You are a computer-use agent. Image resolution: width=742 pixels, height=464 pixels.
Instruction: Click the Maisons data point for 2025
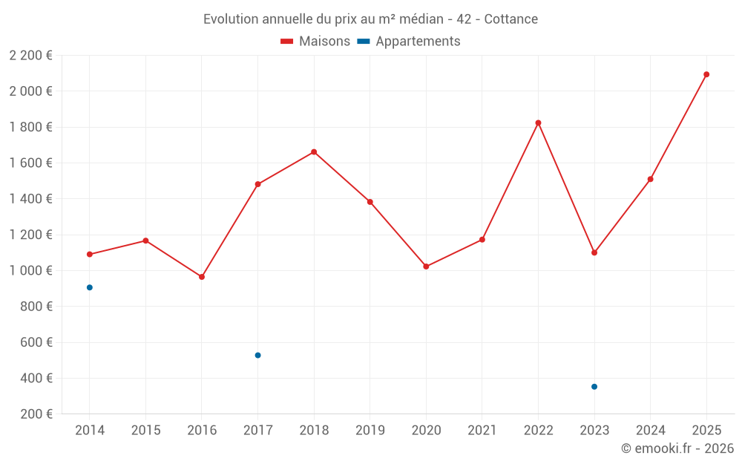[706, 74]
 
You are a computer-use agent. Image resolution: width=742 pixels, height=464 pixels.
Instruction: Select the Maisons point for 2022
[538, 122]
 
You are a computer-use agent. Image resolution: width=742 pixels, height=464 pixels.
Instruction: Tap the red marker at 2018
[314, 152]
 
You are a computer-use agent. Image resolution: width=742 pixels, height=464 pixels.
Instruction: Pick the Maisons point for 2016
[202, 277]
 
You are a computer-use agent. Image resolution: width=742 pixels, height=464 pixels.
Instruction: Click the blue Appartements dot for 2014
[90, 287]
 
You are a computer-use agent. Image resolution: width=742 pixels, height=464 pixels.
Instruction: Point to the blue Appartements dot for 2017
[257, 355]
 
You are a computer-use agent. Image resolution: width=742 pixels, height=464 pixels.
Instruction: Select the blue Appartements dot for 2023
[594, 387]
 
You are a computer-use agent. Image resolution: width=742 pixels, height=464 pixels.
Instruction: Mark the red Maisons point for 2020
[426, 267]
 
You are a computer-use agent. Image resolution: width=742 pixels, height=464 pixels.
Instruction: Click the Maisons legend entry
[315, 42]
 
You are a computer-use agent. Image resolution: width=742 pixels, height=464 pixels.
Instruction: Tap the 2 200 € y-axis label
[31, 55]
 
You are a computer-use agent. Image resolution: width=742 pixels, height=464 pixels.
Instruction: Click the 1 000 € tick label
[31, 270]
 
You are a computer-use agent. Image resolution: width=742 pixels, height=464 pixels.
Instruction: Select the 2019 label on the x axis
[370, 431]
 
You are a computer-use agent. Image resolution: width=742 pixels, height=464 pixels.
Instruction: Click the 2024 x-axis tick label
[650, 431]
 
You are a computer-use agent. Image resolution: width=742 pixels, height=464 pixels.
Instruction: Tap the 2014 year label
[90, 431]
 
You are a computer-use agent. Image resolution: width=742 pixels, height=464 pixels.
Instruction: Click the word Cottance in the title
[511, 19]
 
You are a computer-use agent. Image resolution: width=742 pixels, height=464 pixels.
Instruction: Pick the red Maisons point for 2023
[594, 252]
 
